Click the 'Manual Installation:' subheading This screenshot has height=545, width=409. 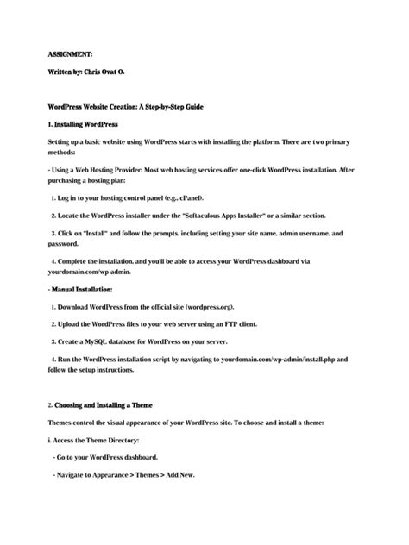[85, 291]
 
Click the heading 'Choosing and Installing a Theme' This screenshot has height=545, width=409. [110, 404]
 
